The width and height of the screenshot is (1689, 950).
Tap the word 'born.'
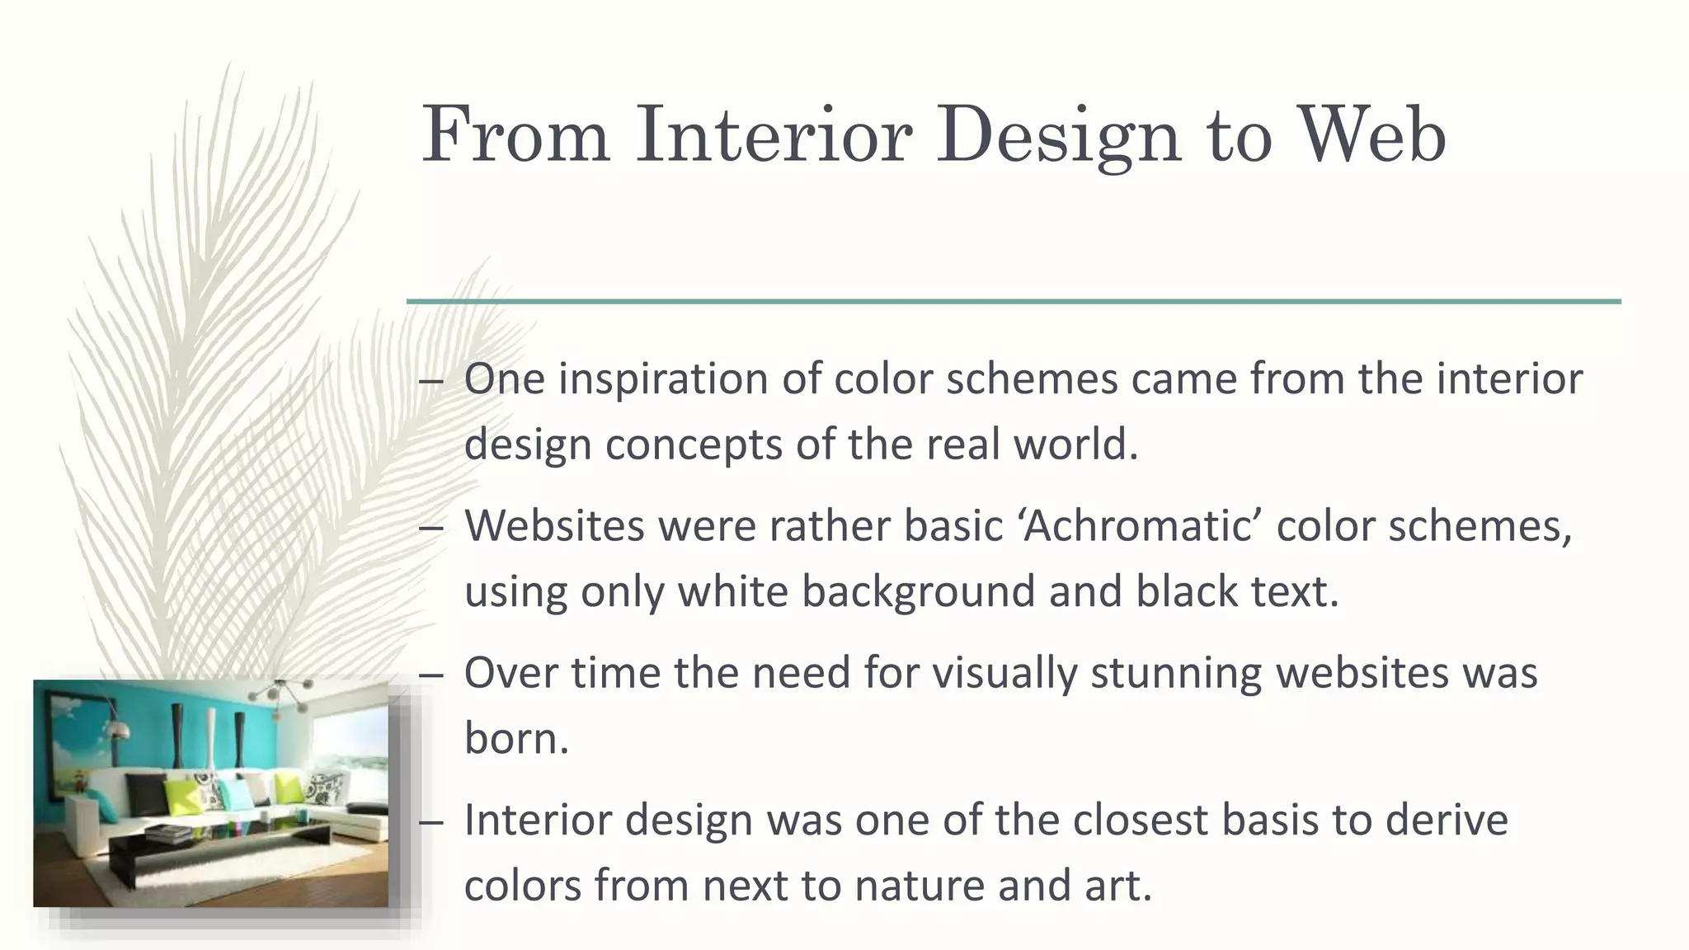516,738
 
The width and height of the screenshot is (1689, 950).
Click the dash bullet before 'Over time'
431,675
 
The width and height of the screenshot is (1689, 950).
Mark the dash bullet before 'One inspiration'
431,381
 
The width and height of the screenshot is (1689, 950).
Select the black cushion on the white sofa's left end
146,794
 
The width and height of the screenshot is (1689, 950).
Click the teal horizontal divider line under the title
1013,302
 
